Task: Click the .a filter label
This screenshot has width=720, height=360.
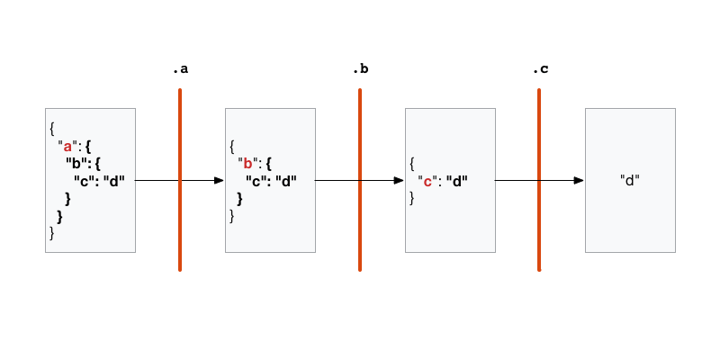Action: click(x=180, y=69)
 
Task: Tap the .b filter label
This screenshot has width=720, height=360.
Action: click(x=360, y=69)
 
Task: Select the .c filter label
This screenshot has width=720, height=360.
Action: click(x=540, y=69)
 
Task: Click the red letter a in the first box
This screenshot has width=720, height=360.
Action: click(x=67, y=146)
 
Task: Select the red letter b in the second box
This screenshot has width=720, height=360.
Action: click(x=247, y=164)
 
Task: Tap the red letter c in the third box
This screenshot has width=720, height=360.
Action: click(x=427, y=181)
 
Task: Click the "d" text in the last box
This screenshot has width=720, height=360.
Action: click(x=630, y=180)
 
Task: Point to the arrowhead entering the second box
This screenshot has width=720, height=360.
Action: click(x=219, y=180)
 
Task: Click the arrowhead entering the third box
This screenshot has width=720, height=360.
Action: click(x=399, y=180)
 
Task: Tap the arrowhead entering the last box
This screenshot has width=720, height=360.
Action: click(x=579, y=180)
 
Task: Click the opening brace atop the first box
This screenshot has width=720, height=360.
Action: click(x=52, y=128)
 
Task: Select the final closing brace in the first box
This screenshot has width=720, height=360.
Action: click(x=52, y=233)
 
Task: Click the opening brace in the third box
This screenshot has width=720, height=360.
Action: click(x=412, y=163)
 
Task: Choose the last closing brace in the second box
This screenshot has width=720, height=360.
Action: click(x=232, y=216)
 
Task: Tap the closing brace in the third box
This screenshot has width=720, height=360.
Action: click(x=412, y=198)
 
